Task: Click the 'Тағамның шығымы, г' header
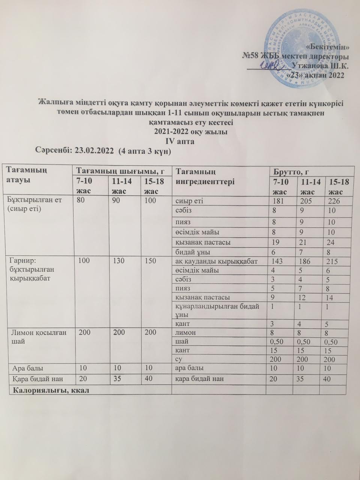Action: [120, 171]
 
